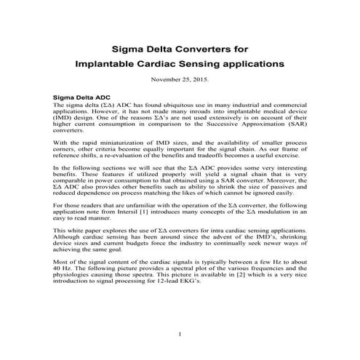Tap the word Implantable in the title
[108, 64]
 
